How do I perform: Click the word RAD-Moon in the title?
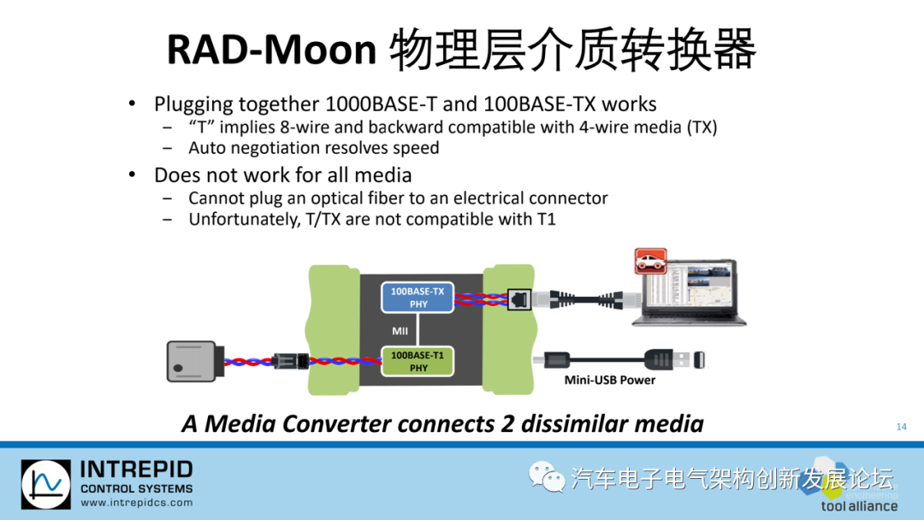click(x=271, y=50)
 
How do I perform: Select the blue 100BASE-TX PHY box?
click(x=418, y=298)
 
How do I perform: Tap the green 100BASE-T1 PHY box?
click(x=418, y=361)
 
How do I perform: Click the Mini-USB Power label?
click(x=608, y=380)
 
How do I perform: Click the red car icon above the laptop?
click(x=649, y=261)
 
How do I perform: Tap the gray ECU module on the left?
click(x=194, y=361)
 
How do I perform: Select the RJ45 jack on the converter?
click(x=518, y=299)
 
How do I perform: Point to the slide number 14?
click(x=901, y=427)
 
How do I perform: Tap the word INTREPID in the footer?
click(x=136, y=470)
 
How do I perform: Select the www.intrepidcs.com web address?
click(x=136, y=503)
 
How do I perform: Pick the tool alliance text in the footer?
click(x=859, y=505)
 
